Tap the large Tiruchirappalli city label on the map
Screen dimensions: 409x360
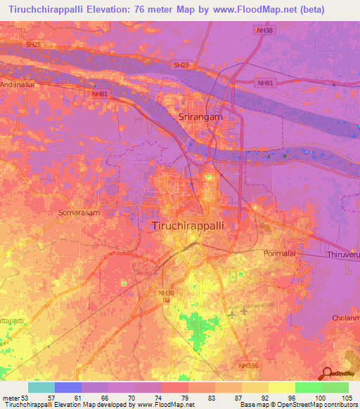[x=188, y=226]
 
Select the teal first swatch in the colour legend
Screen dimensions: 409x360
[x=41, y=387]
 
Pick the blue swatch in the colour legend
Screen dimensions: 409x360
[x=68, y=387]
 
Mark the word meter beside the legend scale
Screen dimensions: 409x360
[x=11, y=398]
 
